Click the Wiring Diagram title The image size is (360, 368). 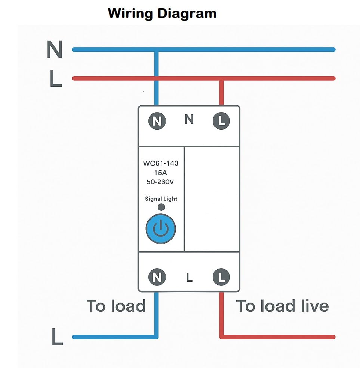pyautogui.click(x=162, y=13)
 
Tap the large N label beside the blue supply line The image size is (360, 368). pyautogui.click(x=55, y=49)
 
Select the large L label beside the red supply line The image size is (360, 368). pyautogui.click(x=55, y=79)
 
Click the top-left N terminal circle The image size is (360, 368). pyautogui.click(x=157, y=121)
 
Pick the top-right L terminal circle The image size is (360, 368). pyautogui.click(x=221, y=121)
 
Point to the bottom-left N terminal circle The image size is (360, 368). pyautogui.click(x=157, y=277)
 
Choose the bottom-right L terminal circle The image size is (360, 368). pyautogui.click(x=221, y=277)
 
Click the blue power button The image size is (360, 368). pyautogui.click(x=160, y=229)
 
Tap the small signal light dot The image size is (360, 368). pyautogui.click(x=161, y=207)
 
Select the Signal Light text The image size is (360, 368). pyautogui.click(x=161, y=199)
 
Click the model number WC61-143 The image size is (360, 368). pyautogui.click(x=161, y=163)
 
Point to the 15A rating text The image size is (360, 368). pyautogui.click(x=161, y=173)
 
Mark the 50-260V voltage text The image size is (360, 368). pyautogui.click(x=161, y=182)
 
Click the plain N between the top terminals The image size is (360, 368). pyautogui.click(x=189, y=120)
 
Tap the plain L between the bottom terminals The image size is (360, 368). pyautogui.click(x=189, y=278)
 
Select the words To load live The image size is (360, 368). pyautogui.click(x=282, y=306)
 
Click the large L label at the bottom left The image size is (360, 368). pyautogui.click(x=57, y=337)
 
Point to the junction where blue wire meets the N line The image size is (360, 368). pyautogui.click(x=157, y=50)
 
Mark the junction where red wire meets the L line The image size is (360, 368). pyautogui.click(x=221, y=78)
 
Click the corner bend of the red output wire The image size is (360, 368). pyautogui.click(x=221, y=337)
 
